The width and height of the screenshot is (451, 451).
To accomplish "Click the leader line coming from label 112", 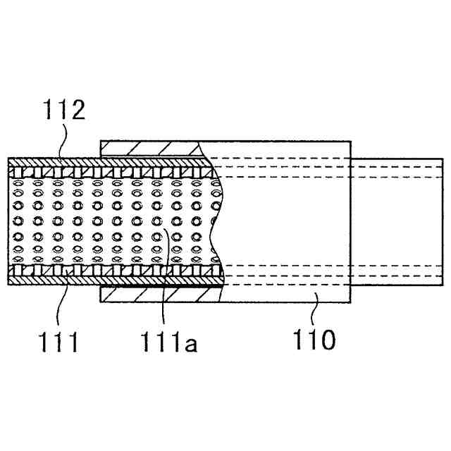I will tap(62, 144).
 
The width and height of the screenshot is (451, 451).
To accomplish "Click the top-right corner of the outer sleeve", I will tap(350, 140).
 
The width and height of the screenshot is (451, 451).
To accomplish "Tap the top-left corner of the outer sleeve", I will tap(101, 140).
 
